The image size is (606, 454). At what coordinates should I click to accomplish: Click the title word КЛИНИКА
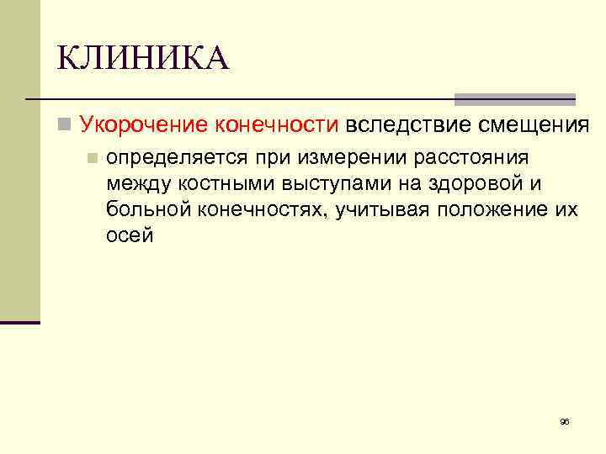pyautogui.click(x=142, y=59)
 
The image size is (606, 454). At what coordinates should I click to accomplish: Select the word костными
pyautogui.click(x=216, y=183)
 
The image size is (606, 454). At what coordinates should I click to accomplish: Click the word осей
pyautogui.click(x=130, y=235)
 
